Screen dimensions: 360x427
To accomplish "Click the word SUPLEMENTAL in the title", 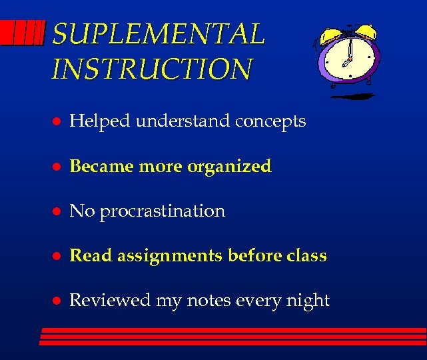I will (158, 34).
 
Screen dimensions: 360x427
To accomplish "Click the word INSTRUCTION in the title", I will (152, 69).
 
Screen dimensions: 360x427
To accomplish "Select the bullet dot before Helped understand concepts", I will (58, 122).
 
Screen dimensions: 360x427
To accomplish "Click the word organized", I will (229, 167).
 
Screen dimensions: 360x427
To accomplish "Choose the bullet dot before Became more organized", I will (58, 167).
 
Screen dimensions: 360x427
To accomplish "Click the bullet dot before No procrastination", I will (58, 212).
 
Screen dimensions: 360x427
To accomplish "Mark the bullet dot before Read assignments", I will (58, 257).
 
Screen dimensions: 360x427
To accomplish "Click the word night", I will (308, 301).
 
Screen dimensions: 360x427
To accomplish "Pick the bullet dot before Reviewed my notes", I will (58, 301).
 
